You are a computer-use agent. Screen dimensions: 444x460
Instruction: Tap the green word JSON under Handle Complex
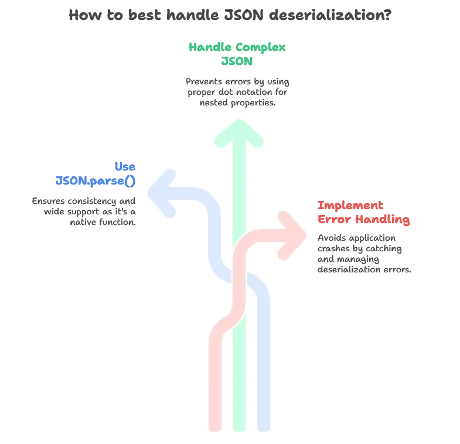237,60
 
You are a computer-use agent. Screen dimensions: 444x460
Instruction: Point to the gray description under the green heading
237,91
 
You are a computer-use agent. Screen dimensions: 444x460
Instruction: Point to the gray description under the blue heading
82,211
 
